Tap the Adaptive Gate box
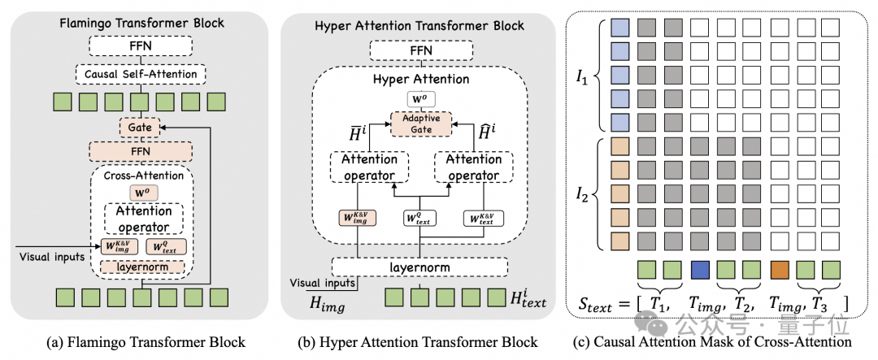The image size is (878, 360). click(420, 124)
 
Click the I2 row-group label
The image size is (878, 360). click(580, 195)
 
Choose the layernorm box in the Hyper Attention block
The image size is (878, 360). click(420, 267)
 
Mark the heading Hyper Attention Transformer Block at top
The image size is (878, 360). click(420, 25)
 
